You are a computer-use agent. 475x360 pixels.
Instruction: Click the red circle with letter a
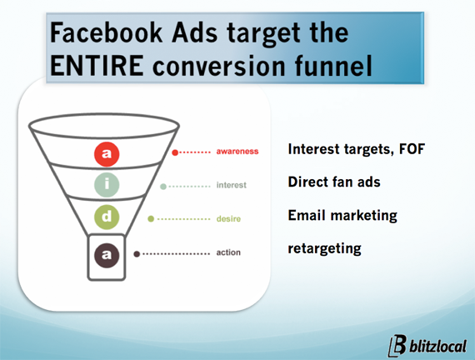(107, 154)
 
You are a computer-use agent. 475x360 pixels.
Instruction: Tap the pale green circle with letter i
(107, 184)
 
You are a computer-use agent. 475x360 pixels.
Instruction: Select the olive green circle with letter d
(107, 217)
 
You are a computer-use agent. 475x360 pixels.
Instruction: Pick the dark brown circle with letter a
(107, 255)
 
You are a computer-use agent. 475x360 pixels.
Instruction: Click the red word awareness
(237, 151)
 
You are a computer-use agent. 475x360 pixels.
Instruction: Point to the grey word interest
(231, 185)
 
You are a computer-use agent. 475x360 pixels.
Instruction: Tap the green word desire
(228, 219)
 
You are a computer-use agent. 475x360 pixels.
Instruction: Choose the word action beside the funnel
(228, 252)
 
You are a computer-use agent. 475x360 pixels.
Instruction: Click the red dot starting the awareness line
(175, 152)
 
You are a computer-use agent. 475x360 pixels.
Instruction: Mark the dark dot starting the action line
(137, 254)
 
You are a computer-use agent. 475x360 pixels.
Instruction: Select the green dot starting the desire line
(151, 219)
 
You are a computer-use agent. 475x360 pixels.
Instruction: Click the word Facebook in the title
(107, 32)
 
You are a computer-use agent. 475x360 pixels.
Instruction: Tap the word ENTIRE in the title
(97, 66)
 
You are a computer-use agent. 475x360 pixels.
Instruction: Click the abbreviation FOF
(412, 149)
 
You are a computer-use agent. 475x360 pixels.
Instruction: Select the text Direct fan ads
(334, 182)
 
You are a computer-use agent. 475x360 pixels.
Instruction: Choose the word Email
(307, 215)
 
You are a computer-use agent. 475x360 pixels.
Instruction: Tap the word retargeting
(324, 249)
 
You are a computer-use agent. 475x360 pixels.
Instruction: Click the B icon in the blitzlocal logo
(397, 346)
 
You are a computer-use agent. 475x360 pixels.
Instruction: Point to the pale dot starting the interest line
(163, 187)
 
